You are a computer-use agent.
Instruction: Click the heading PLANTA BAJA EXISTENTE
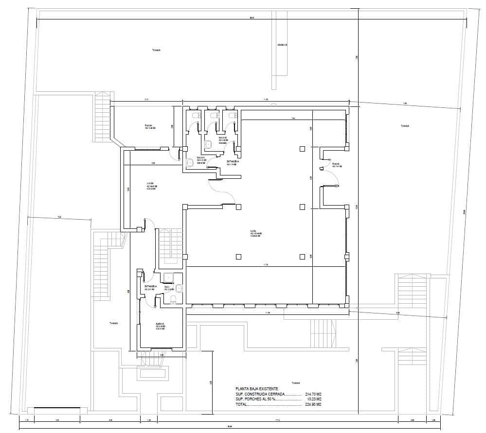point(256,389)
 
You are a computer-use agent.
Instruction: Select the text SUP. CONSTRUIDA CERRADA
point(260,394)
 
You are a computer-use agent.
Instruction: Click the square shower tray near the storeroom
point(169,278)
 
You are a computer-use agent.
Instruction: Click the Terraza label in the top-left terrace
point(156,50)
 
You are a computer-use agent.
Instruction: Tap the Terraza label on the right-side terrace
point(405,126)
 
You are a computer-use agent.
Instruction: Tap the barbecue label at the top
point(282,45)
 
